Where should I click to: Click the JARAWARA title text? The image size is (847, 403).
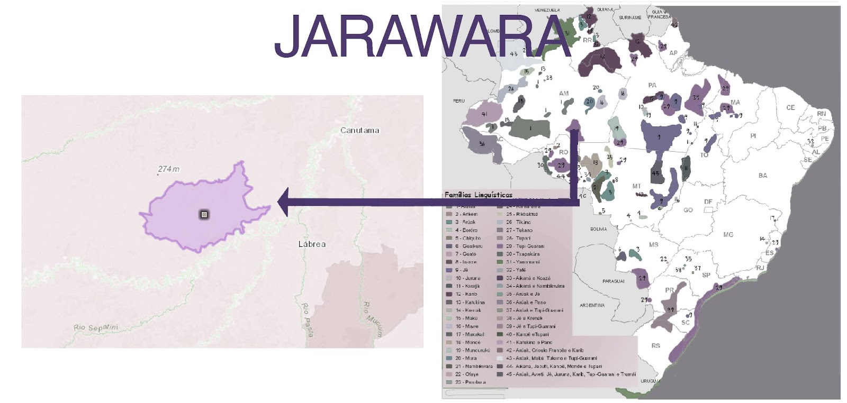tap(422, 35)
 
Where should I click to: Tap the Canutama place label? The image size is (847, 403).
tap(359, 130)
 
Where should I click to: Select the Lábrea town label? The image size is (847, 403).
tap(312, 244)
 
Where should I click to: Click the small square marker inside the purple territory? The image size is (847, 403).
tap(204, 214)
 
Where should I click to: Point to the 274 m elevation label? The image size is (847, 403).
tap(168, 169)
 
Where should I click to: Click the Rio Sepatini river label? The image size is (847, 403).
tap(96, 328)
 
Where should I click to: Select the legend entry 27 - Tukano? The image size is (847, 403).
tap(519, 230)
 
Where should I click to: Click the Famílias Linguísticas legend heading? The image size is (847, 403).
tap(478, 195)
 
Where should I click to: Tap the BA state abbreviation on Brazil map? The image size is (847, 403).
tap(762, 176)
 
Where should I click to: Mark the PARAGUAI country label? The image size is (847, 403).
tap(613, 281)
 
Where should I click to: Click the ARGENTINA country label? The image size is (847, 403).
tap(592, 305)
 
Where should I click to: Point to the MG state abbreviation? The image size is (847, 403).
tap(728, 234)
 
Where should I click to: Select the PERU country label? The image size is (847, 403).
tap(458, 101)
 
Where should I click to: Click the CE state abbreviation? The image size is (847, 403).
tap(790, 107)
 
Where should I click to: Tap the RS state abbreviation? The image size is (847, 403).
tap(656, 346)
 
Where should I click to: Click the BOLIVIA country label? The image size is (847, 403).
tap(598, 229)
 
